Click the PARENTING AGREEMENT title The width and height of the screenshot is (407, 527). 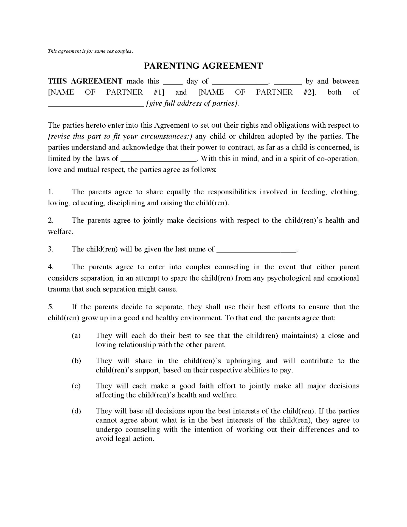pos(203,66)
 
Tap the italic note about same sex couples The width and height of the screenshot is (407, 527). pos(90,51)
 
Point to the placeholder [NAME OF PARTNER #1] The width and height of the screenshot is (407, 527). pos(106,92)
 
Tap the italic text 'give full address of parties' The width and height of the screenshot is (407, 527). pos(192,103)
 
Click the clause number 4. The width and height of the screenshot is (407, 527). pos(50,267)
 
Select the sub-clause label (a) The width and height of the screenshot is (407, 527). pos(76,336)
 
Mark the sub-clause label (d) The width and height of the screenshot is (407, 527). pos(76,411)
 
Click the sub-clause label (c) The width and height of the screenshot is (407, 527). pos(76,386)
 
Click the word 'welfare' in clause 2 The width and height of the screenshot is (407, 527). pos(60,232)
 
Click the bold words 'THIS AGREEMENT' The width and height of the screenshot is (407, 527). pos(85,81)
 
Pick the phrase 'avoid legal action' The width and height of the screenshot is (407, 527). pos(125,439)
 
